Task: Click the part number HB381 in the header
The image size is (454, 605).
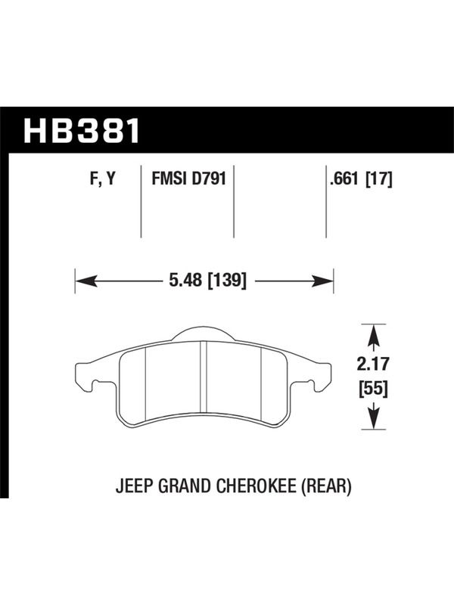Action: [x=82, y=131]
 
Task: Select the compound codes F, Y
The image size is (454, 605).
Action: [x=103, y=178]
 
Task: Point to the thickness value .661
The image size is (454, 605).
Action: [x=344, y=178]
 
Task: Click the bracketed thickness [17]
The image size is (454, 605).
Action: [x=379, y=178]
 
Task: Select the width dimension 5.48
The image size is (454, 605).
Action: [x=185, y=280]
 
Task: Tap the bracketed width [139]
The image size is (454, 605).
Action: [x=227, y=280]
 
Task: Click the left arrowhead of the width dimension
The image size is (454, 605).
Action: [x=86, y=281]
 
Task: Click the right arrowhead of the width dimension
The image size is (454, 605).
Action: [x=323, y=281]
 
